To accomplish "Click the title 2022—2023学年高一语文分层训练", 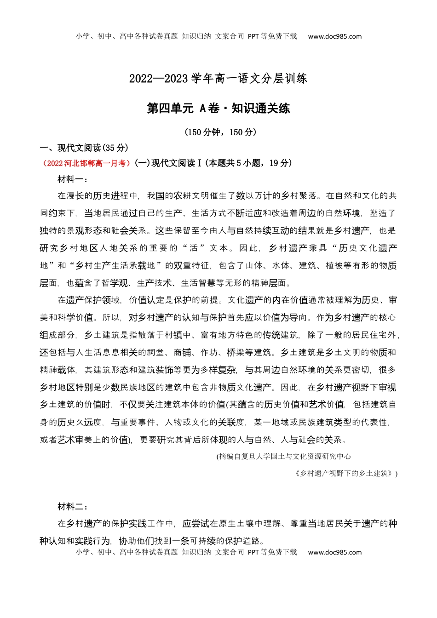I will (x=218, y=79).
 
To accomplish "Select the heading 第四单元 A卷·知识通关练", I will (x=218, y=109).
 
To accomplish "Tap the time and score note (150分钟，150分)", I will (x=220, y=132).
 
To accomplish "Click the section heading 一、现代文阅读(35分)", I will (x=84, y=148).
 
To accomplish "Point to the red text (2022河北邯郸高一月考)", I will (x=86, y=163).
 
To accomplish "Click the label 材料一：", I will (x=73, y=179).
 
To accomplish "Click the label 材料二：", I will (x=73, y=506).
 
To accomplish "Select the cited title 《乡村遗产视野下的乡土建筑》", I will (x=345, y=473).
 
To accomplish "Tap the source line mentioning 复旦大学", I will (x=283, y=456).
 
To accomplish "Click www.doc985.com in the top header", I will (x=335, y=36).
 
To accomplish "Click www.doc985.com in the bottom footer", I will (x=335, y=552).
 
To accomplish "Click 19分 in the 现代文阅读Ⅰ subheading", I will (x=281, y=163).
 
